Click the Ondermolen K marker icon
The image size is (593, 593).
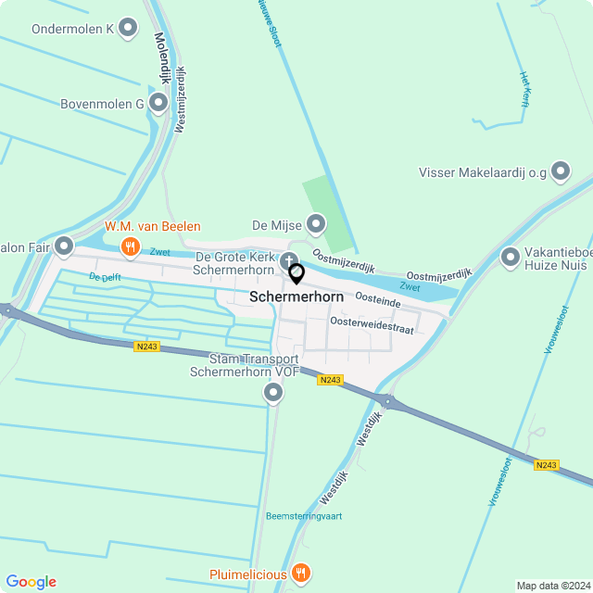tap(127, 28)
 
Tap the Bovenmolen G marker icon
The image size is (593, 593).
tap(158, 103)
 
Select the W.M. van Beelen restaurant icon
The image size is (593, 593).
tap(131, 246)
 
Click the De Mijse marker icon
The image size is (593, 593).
tap(316, 223)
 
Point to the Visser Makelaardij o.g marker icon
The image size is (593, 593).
tap(560, 170)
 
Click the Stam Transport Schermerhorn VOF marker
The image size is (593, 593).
tap(273, 394)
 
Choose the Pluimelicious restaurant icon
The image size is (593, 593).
tap(300, 574)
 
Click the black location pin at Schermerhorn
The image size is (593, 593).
tap(296, 274)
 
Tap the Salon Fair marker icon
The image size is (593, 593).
tap(64, 246)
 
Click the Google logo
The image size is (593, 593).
tap(31, 582)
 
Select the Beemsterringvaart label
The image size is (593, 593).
tap(303, 516)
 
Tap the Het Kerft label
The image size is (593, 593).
tap(524, 90)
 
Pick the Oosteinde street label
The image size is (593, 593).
tap(378, 300)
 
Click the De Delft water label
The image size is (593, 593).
tap(106, 276)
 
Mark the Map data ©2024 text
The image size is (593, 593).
tap(552, 586)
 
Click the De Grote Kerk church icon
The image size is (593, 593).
tap(289, 259)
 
